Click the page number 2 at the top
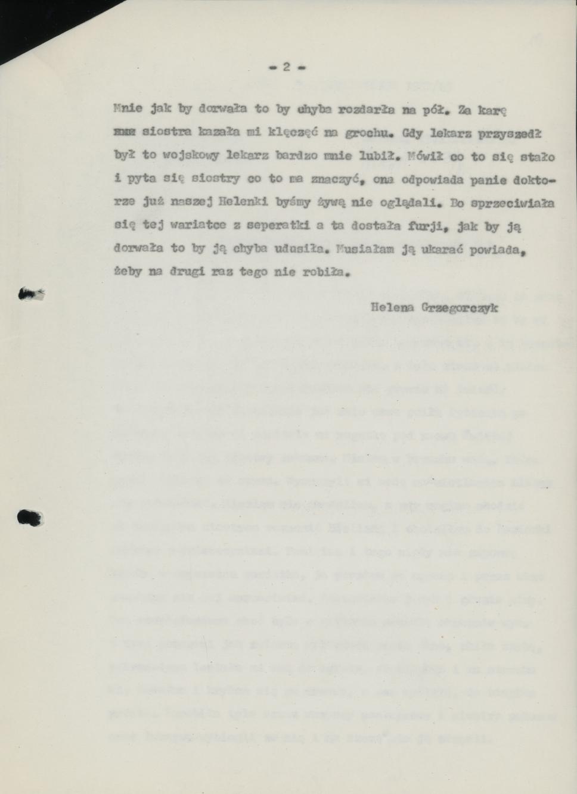(286, 67)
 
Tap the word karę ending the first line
(491, 109)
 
